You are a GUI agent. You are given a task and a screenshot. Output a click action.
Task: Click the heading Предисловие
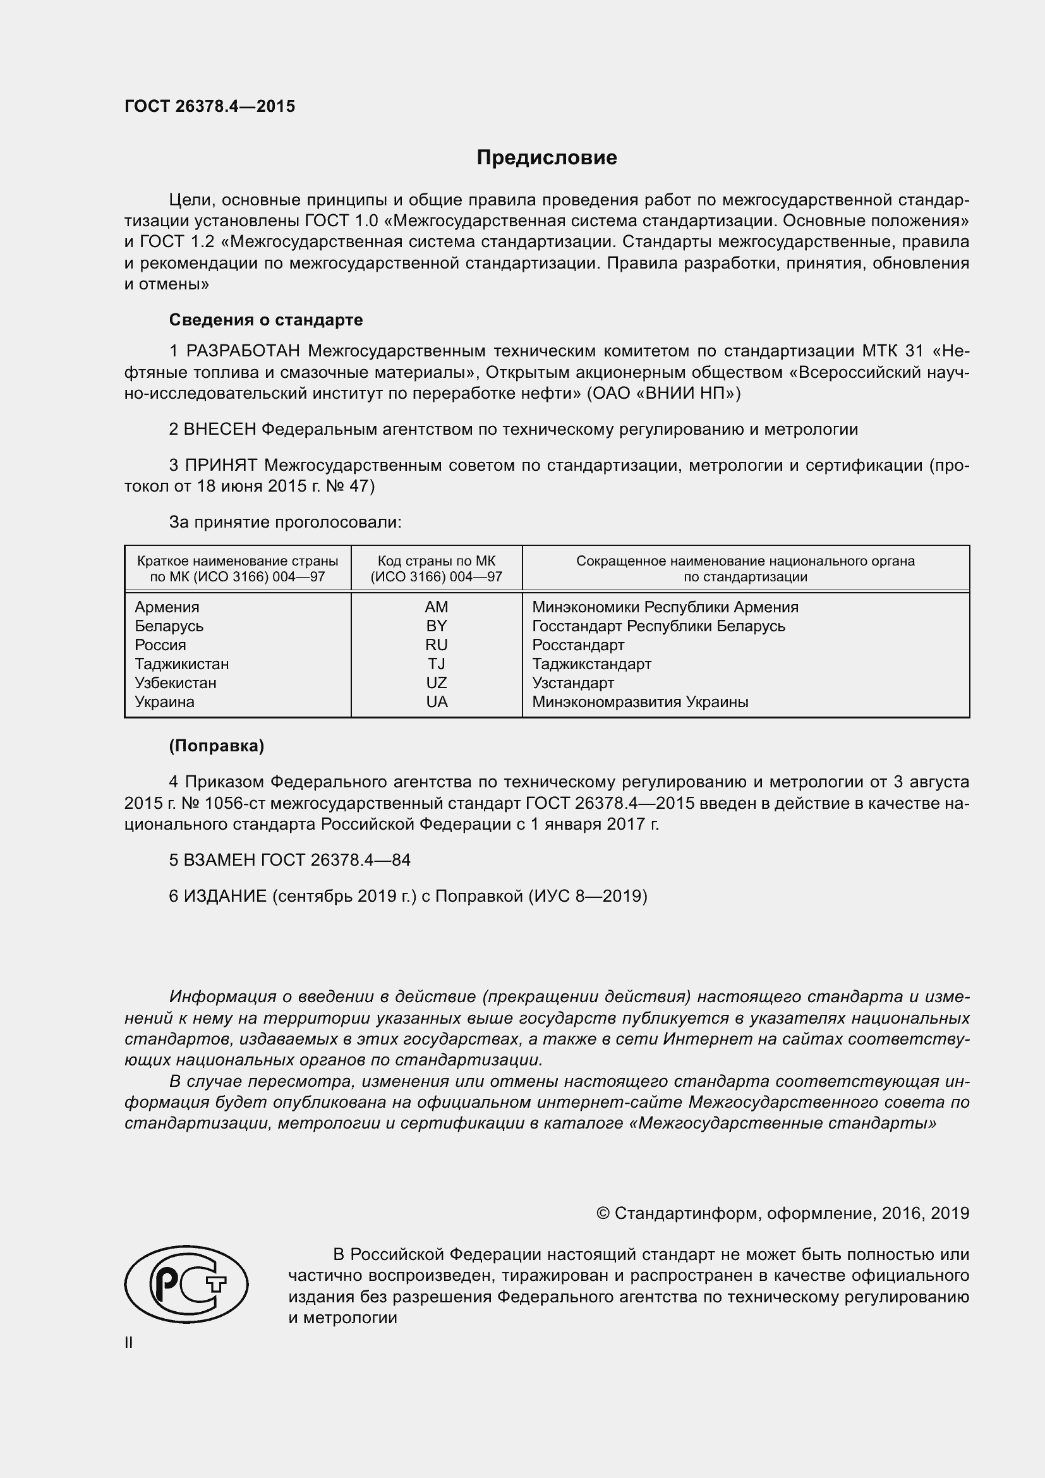[547, 158]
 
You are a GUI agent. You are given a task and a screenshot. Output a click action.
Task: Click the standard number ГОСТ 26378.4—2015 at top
[210, 106]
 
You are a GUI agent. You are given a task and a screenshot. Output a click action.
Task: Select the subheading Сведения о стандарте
[266, 320]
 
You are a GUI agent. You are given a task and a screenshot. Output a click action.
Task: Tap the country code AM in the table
[437, 607]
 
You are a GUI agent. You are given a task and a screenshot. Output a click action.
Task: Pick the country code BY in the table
[437, 626]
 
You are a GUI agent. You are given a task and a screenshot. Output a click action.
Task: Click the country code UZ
[437, 682]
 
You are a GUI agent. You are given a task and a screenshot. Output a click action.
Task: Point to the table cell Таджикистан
[181, 663]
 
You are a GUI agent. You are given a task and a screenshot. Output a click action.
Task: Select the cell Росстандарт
[578, 645]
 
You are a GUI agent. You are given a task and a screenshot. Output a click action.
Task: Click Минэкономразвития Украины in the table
[639, 701]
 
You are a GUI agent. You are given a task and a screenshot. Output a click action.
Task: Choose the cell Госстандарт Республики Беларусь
[658, 626]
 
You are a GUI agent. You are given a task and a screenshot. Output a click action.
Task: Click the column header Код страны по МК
[437, 561]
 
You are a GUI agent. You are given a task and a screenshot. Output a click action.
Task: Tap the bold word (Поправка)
[216, 746]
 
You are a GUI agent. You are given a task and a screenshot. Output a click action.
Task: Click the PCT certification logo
[186, 1283]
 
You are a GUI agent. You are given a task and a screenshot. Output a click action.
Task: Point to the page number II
[129, 1343]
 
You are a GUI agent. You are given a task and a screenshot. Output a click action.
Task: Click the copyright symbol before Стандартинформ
[602, 1213]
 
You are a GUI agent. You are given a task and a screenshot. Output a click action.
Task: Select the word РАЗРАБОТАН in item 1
[243, 351]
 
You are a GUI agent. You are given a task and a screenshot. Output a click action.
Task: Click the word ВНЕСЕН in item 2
[220, 429]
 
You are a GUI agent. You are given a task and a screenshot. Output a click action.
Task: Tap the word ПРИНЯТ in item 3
[221, 465]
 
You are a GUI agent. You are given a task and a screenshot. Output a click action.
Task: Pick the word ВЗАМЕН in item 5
[220, 860]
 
